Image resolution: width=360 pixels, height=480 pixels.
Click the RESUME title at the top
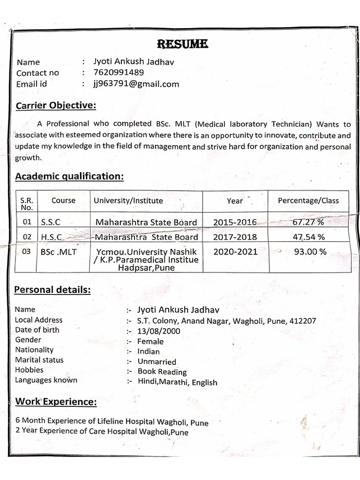(182, 45)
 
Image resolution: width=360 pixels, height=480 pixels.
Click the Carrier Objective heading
(55, 105)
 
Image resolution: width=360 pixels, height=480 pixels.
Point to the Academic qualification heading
(69, 176)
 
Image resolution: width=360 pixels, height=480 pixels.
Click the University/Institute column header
(128, 201)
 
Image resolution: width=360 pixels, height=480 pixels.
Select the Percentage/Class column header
(308, 201)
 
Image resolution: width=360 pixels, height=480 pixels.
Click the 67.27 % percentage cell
(308, 222)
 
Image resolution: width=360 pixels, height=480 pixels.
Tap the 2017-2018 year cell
(235, 237)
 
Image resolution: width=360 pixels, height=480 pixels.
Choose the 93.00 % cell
(310, 252)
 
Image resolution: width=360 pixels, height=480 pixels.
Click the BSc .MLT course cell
(59, 252)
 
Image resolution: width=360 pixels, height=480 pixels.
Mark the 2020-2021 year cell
(235, 252)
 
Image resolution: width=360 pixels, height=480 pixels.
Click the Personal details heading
(52, 290)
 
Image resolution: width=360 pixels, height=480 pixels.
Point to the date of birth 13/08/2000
(158, 331)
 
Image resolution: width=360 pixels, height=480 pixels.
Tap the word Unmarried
(157, 362)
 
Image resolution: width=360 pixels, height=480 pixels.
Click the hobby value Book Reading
(162, 372)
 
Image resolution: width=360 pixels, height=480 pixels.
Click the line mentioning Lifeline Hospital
(112, 421)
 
